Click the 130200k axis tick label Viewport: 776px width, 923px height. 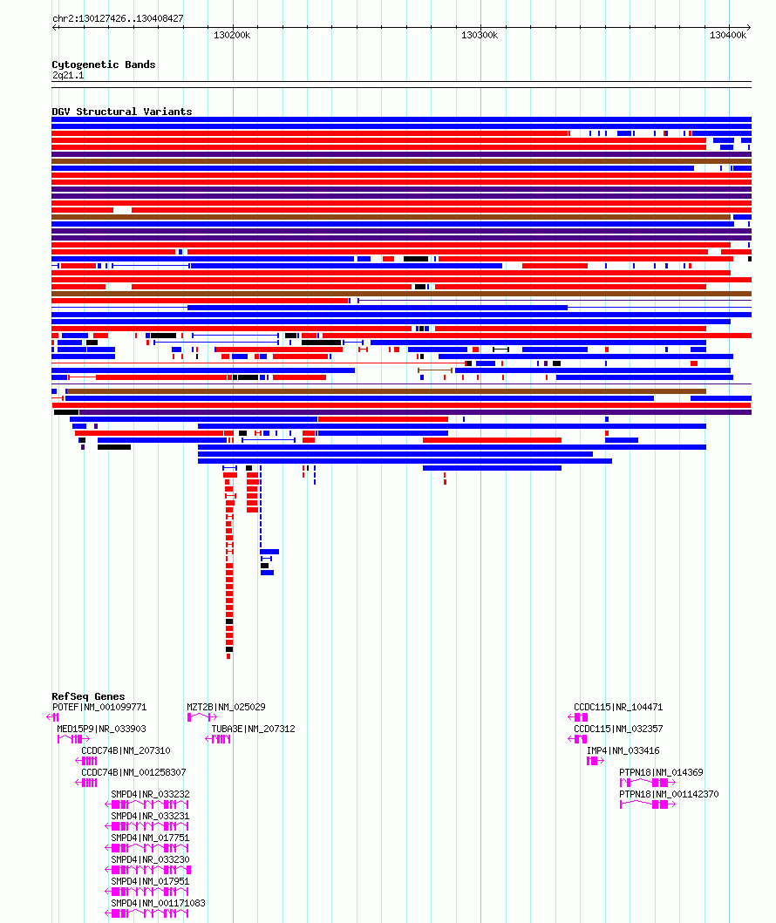pyautogui.click(x=232, y=36)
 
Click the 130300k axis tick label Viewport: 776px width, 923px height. pyautogui.click(x=480, y=36)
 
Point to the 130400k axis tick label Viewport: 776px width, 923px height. pyautogui.click(x=728, y=36)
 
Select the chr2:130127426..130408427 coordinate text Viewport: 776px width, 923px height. pyautogui.click(x=118, y=19)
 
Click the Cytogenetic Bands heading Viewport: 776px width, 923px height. pyautogui.click(x=104, y=64)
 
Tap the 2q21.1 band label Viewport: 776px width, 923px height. pyautogui.click(x=68, y=75)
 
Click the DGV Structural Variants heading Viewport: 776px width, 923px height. pyautogui.click(x=122, y=112)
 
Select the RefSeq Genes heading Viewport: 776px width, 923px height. pyautogui.click(x=88, y=696)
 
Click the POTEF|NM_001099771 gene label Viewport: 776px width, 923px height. pyautogui.click(x=99, y=707)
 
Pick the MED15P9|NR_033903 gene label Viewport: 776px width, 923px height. pyautogui.click(x=101, y=729)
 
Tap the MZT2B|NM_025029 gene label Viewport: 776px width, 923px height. pyautogui.click(x=226, y=707)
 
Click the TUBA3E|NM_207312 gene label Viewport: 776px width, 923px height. pyautogui.click(x=253, y=729)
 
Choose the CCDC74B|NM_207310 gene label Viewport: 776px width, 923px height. pyautogui.click(x=126, y=750)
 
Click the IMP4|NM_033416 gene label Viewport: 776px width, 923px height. pyautogui.click(x=623, y=750)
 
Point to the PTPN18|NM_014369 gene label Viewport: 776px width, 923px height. pyautogui.click(x=661, y=772)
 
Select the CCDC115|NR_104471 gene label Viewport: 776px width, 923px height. pyautogui.click(x=618, y=707)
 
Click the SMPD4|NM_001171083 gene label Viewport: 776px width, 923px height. pyautogui.click(x=159, y=903)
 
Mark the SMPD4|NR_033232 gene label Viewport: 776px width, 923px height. pyautogui.click(x=150, y=794)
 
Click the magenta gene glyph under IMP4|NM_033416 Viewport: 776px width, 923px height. pyautogui.click(x=596, y=761)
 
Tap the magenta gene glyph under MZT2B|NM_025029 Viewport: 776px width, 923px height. pyautogui.click(x=202, y=717)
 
